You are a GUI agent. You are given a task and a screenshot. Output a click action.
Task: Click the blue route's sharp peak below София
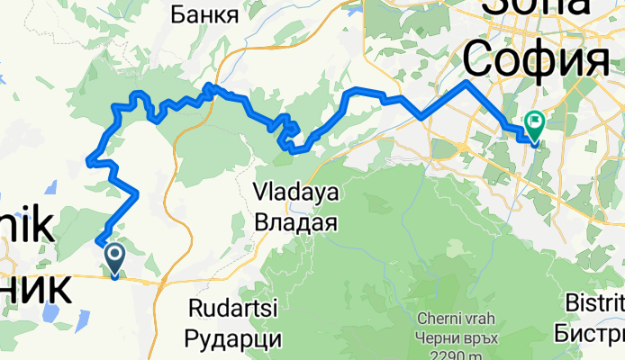coord(466,83)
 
